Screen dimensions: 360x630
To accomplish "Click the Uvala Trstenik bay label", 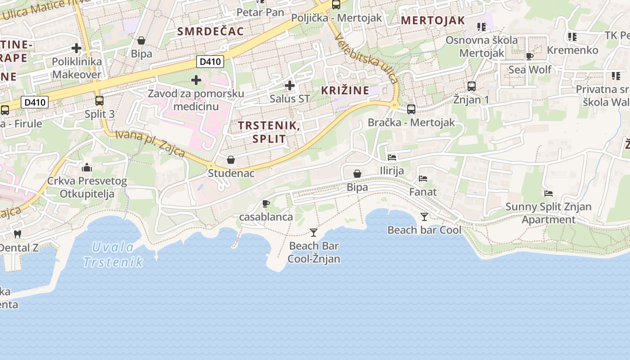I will (113, 254).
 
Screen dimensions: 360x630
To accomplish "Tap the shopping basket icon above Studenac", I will (231, 160).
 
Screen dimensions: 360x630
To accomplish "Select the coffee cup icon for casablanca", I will (266, 203).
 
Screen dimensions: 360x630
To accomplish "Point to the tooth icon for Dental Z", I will (18, 234).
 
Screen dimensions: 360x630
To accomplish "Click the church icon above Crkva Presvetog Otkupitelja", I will (87, 168).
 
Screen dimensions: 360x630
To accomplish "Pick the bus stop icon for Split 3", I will (99, 101).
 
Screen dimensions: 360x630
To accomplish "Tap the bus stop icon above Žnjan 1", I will (472, 86).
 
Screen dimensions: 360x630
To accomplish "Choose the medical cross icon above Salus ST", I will (290, 85).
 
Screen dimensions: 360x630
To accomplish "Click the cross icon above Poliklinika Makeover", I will (76, 48).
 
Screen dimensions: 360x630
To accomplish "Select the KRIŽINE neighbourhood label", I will (345, 90).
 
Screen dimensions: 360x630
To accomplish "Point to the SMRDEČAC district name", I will (211, 31).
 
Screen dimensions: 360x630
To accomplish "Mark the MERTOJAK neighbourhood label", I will (432, 20).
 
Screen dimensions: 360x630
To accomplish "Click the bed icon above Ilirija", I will (392, 157).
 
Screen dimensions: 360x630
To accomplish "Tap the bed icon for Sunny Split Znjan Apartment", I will (549, 193).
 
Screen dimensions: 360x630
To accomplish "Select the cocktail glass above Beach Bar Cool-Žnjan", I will (314, 233).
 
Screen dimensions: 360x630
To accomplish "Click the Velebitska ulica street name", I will (367, 59).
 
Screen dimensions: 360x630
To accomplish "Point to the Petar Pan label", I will (261, 13).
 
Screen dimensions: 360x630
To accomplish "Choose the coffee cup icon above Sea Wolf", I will (530, 56).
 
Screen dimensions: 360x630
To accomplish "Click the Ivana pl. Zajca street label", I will (150, 144).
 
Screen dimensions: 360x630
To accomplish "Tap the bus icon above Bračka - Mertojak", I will (411, 109).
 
